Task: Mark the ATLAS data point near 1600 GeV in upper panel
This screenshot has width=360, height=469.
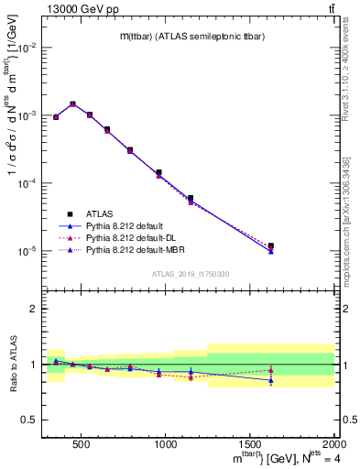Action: tap(271, 245)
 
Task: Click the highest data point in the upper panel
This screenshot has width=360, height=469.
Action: tap(72, 104)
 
